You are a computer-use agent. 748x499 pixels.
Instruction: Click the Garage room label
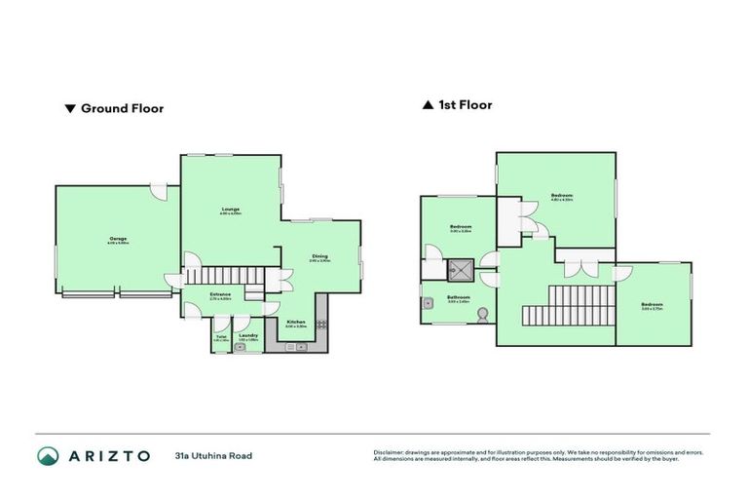(x=117, y=239)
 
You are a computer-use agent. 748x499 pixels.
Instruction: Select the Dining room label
(x=319, y=257)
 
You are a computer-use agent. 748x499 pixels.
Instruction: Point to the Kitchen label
(x=296, y=322)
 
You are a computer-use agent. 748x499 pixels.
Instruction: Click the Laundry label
(x=248, y=335)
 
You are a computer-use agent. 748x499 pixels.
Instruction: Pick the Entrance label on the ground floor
(x=220, y=294)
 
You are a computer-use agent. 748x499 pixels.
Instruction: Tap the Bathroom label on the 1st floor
(x=459, y=297)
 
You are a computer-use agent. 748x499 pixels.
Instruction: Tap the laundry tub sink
(x=241, y=346)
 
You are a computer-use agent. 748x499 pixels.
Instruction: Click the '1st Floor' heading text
(x=465, y=105)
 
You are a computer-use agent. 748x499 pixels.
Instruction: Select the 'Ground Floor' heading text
(x=122, y=109)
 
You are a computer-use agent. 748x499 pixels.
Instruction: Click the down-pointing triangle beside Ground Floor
(x=69, y=109)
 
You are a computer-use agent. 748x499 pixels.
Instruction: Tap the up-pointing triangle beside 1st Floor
(x=428, y=105)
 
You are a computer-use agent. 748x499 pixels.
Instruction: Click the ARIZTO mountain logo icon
(x=48, y=455)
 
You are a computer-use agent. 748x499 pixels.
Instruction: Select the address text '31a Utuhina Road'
(x=213, y=455)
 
